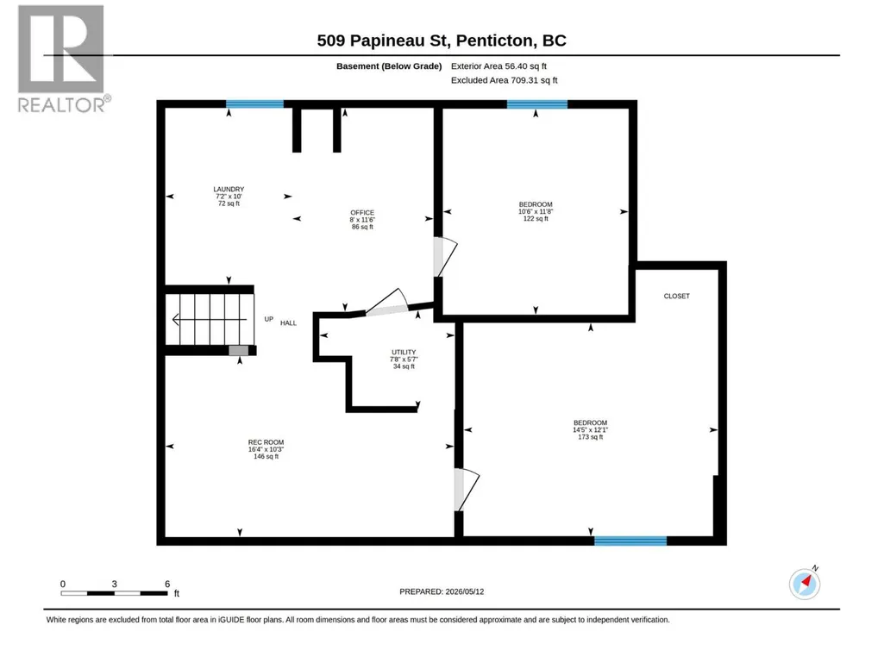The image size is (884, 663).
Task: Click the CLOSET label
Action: (x=676, y=296)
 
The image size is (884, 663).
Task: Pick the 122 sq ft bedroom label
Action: (x=536, y=211)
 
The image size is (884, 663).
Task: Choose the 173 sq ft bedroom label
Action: (x=590, y=429)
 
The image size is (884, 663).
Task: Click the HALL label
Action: (x=288, y=323)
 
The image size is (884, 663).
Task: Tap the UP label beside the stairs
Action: (x=269, y=319)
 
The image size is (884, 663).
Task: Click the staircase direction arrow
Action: (x=210, y=320)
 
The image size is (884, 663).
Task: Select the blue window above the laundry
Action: (x=254, y=103)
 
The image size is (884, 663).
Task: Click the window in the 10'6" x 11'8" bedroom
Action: (x=536, y=103)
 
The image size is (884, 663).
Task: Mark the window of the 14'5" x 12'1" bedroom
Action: (x=630, y=541)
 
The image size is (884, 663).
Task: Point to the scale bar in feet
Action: (x=115, y=593)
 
